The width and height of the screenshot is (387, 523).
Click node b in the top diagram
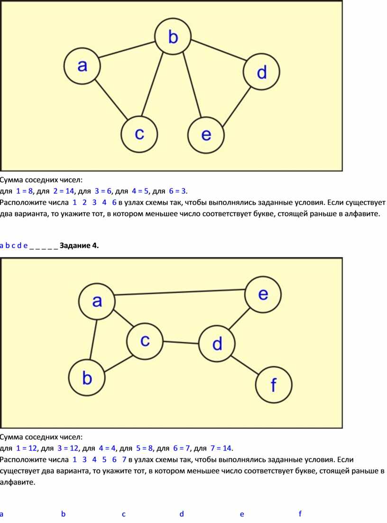click(x=173, y=36)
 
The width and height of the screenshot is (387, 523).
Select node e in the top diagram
click(x=206, y=135)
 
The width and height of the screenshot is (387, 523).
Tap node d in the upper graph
click(x=261, y=72)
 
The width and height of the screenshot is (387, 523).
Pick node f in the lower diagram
click(x=274, y=384)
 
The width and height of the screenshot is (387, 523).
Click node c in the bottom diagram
click(x=145, y=341)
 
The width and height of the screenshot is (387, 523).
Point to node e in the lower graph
click(x=263, y=295)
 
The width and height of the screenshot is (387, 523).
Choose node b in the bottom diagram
click(x=87, y=378)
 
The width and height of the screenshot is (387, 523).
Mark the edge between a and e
click(x=180, y=292)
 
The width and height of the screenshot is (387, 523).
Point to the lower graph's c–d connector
click(x=181, y=342)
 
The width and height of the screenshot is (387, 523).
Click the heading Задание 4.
click(x=79, y=245)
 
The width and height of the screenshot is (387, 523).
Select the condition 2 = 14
click(x=64, y=191)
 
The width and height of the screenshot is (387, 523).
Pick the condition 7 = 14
click(x=221, y=448)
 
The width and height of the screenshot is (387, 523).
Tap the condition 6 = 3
click(x=178, y=191)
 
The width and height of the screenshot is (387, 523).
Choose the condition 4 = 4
click(x=107, y=448)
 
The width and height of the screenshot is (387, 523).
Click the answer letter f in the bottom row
click(x=300, y=514)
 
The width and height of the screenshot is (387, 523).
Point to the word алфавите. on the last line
click(x=18, y=482)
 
